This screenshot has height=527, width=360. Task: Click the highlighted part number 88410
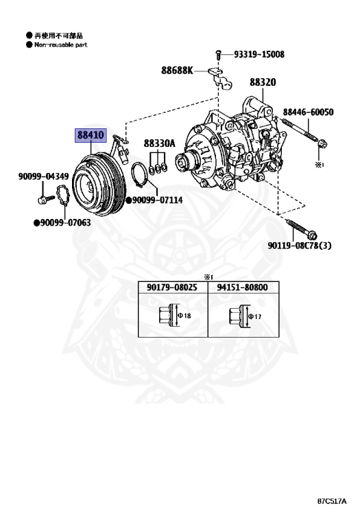[x=91, y=135]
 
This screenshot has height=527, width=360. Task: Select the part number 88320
[x=263, y=82]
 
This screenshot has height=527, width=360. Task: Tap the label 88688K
[x=177, y=70]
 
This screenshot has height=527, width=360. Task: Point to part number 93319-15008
[x=259, y=54]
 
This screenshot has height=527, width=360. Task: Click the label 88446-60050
[x=308, y=112]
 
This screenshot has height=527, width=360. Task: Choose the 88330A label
[x=160, y=143]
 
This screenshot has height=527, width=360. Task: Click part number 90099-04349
[x=43, y=176]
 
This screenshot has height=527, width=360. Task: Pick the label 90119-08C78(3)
[x=300, y=246]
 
